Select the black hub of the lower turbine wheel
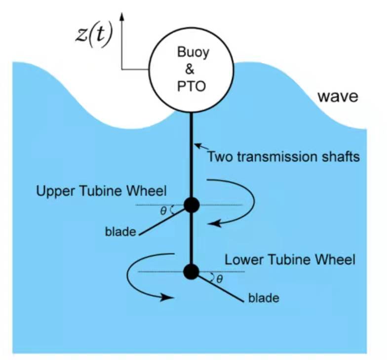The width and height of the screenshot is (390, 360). coord(191,271)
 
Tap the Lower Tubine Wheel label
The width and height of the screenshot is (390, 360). coord(290,259)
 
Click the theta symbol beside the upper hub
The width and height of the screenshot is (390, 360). coord(163,211)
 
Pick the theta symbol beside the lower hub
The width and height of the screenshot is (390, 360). coord(220,279)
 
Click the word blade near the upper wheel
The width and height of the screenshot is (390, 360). coord(120,231)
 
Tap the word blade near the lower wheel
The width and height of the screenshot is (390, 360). coord(264,298)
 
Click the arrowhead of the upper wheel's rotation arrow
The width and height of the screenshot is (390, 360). coord(211,224)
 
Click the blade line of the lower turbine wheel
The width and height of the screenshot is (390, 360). coord(220,287)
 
